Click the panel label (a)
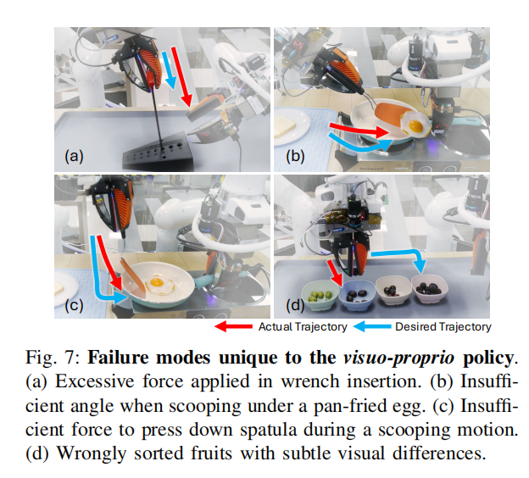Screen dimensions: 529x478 [75, 155]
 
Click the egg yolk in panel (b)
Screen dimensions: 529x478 [415, 125]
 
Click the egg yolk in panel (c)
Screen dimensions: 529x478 [157, 281]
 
